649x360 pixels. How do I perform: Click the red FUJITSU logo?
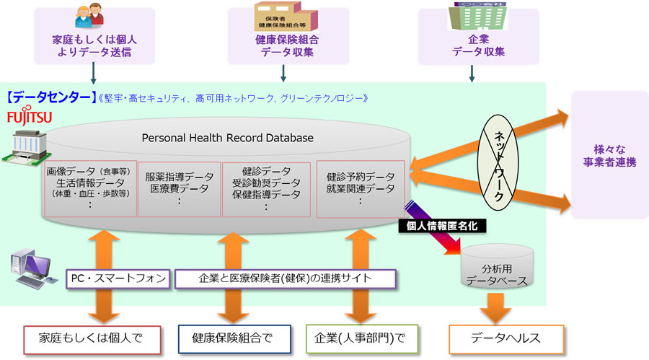[x=29, y=116]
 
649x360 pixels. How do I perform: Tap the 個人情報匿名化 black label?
[x=443, y=226]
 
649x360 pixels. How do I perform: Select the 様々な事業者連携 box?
[x=609, y=156]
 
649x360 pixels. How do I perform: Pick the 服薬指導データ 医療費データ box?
[x=180, y=188]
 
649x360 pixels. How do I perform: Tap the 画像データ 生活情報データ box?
[x=89, y=188]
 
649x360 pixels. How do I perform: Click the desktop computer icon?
[x=31, y=267]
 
